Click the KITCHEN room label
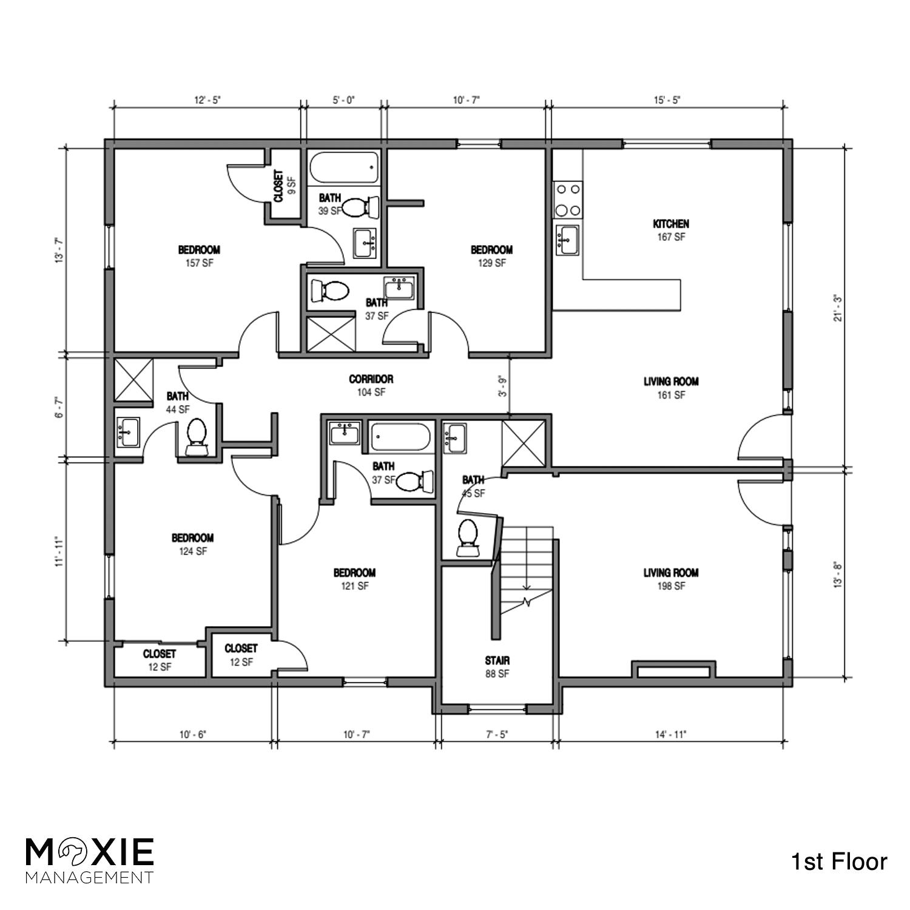pyautogui.click(x=670, y=224)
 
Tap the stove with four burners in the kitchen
pyautogui.click(x=567, y=200)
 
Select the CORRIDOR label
pyautogui.click(x=371, y=379)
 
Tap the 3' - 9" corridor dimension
pyautogui.click(x=502, y=386)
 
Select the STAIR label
pyautogui.click(x=497, y=661)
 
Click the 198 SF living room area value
pyautogui.click(x=670, y=586)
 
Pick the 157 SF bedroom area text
pyautogui.click(x=199, y=263)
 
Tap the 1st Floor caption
pyautogui.click(x=839, y=861)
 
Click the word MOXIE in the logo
pyautogui.click(x=90, y=852)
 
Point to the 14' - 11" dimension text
pyautogui.click(x=670, y=735)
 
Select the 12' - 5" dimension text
pyautogui.click(x=207, y=100)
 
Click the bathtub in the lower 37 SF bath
pyautogui.click(x=400, y=437)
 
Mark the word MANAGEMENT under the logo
pyautogui.click(x=89, y=877)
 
